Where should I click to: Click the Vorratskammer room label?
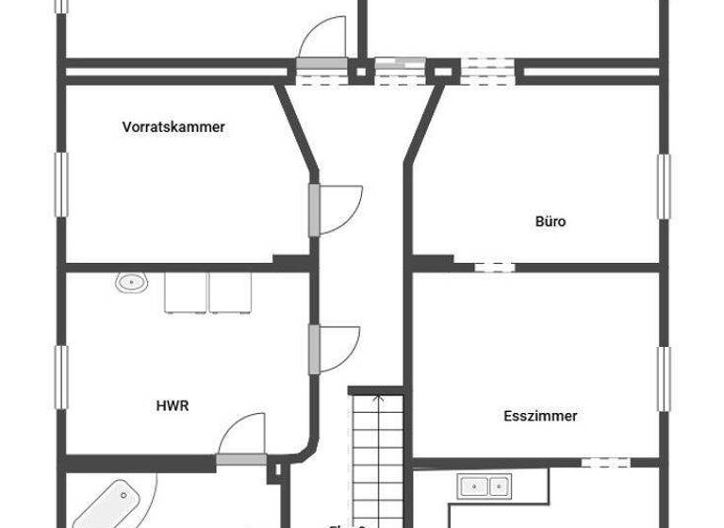click(173, 126)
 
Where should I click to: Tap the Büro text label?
click(551, 223)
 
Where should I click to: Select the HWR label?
click(173, 405)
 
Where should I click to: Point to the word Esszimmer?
click(540, 415)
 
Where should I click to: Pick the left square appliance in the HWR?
click(187, 291)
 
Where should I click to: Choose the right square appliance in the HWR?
click(232, 291)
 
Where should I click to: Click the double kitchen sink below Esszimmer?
click(483, 487)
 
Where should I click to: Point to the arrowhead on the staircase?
click(377, 398)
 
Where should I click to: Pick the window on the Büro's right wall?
click(664, 186)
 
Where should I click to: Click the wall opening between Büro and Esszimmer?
click(494, 267)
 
